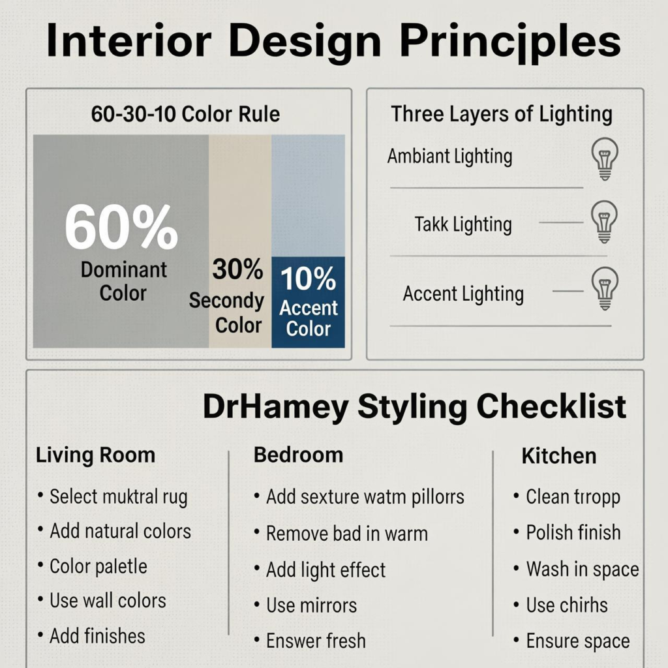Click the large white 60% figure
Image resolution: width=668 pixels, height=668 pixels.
point(121,226)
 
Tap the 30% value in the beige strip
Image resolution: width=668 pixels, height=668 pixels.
point(237,269)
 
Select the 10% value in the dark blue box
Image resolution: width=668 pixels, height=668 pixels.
point(308,279)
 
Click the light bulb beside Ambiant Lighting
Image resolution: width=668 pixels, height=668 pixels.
point(605,159)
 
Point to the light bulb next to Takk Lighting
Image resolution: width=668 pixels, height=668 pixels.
point(604,222)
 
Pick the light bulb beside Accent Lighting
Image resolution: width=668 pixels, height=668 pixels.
point(605,288)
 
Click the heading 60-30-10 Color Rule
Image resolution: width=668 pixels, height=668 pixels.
point(185,114)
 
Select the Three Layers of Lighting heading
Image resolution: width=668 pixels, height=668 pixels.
point(502,114)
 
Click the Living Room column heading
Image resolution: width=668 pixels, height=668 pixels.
point(95,455)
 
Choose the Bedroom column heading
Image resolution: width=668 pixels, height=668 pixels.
point(298,455)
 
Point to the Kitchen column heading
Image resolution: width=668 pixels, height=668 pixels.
point(559,456)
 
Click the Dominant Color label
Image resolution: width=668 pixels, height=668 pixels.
point(123,282)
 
